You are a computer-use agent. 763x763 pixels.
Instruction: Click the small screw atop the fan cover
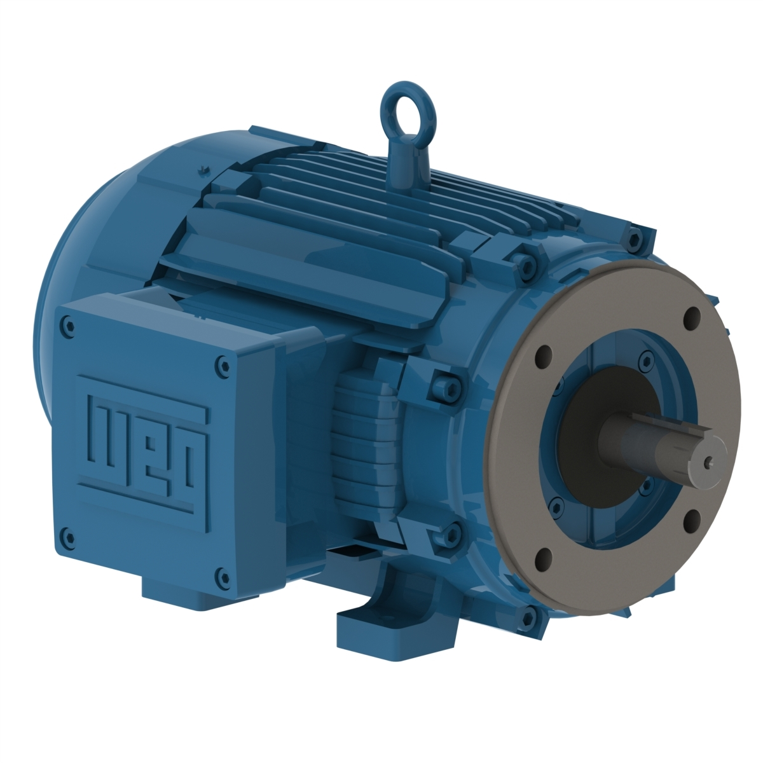tap(203, 169)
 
